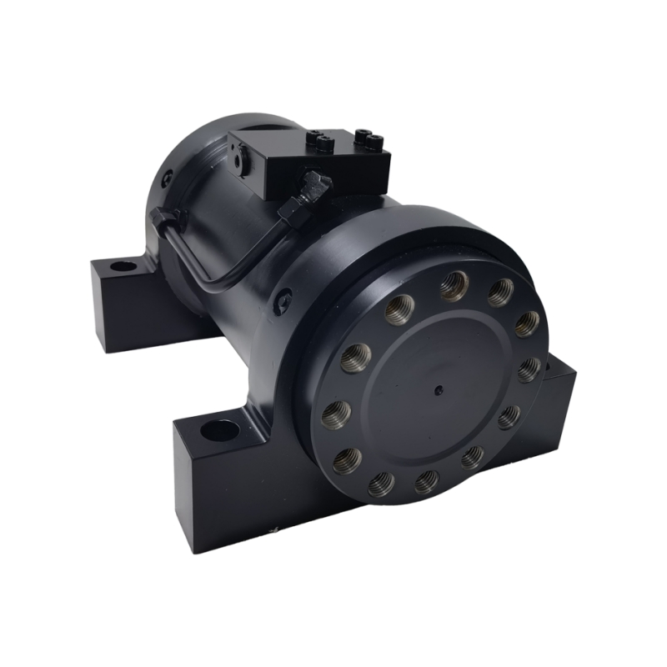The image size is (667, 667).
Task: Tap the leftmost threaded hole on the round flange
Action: (336, 411)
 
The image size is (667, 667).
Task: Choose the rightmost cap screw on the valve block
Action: (364, 135)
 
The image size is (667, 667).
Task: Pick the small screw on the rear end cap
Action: (168, 176)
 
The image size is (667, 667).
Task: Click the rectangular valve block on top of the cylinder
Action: (308, 163)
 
